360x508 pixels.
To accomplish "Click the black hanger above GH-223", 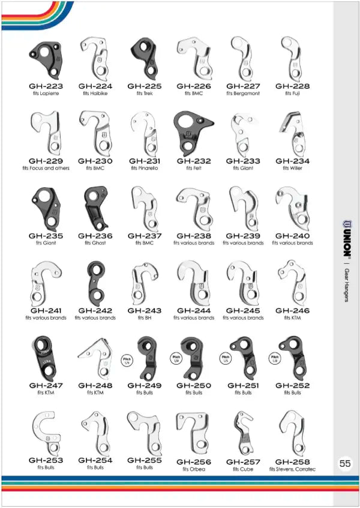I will pyautogui.click(x=46, y=57).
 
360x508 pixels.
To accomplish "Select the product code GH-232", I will pyautogui.click(x=194, y=161).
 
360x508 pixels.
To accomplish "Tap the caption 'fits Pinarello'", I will pyautogui.click(x=145, y=169).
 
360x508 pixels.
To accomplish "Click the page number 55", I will pyautogui.click(x=345, y=463).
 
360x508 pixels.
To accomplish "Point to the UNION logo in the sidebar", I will pyautogui.click(x=346, y=237).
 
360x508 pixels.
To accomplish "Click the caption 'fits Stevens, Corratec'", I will pyautogui.click(x=292, y=469).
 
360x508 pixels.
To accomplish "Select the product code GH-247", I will pyautogui.click(x=46, y=385).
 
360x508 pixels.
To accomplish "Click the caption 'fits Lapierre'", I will pyautogui.click(x=46, y=94).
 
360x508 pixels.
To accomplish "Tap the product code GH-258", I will pyautogui.click(x=292, y=462).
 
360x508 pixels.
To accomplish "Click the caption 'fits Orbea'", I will pyautogui.click(x=194, y=469).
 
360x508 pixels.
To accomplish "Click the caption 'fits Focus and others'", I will pyautogui.click(x=46, y=169).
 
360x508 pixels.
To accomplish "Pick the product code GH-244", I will pyautogui.click(x=194, y=311).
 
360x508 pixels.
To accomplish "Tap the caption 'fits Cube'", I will pyautogui.click(x=243, y=469).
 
